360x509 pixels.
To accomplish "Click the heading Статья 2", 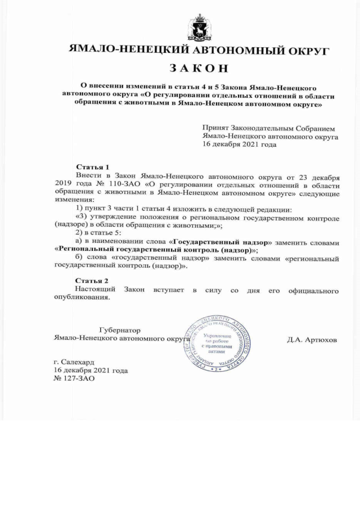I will click(92, 281).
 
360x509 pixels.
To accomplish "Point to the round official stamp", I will click(217, 344).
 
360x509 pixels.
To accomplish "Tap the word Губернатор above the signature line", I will click(119, 330).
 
